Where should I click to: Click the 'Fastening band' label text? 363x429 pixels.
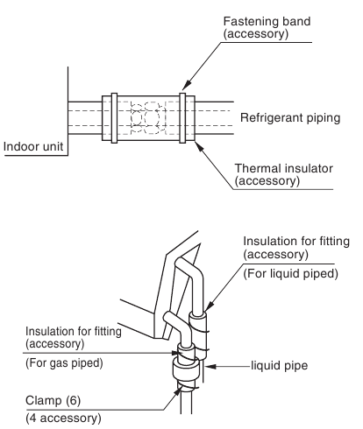coord(267,22)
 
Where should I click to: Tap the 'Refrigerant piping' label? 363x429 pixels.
coord(290,118)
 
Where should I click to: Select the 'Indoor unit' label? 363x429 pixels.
coord(33,146)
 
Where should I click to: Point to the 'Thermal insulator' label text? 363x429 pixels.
coord(284,168)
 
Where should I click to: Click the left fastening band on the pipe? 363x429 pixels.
coord(114,118)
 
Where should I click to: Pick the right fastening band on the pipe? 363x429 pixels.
coord(182,118)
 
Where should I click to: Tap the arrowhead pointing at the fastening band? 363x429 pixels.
coord(188,84)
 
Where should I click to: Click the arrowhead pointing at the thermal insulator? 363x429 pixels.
coord(199,146)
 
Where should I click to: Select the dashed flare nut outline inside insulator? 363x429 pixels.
coord(146,118)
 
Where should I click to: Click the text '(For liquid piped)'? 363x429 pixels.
coord(290,274)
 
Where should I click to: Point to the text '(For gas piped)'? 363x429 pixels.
coord(64,363)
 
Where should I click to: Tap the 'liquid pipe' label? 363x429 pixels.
coord(280,366)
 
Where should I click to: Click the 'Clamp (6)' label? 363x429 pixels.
coord(53,400)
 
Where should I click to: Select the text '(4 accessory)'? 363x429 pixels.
coord(63,418)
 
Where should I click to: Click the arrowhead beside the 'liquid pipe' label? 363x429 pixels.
coord(211,366)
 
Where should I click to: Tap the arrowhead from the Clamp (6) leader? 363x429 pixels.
coord(177,391)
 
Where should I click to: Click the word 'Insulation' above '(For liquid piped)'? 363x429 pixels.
coord(265,242)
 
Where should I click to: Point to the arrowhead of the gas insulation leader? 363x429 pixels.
coord(176,353)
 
